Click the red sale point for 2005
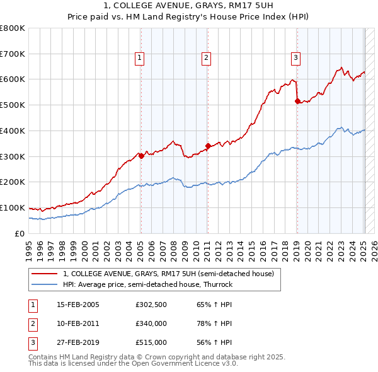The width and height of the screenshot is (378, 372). coord(141,156)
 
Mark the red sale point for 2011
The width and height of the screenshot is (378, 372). coord(208,146)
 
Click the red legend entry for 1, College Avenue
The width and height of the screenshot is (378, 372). coord(168,274)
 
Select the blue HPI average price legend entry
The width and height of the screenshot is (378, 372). coord(148,284)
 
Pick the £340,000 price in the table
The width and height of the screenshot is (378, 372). coord(151,323)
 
